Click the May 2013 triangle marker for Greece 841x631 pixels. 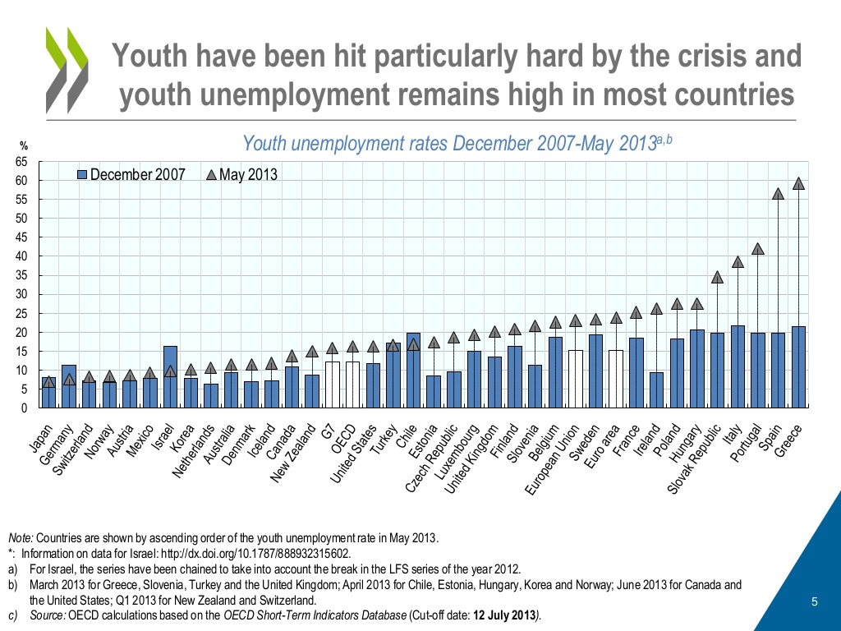798,184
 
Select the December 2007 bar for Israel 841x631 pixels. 170,376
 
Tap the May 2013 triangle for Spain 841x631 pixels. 778,194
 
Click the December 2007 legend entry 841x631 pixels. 131,174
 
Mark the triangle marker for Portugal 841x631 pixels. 758,249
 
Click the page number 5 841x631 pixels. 814,602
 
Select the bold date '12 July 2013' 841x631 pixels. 503,616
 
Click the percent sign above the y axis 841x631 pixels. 23,147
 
